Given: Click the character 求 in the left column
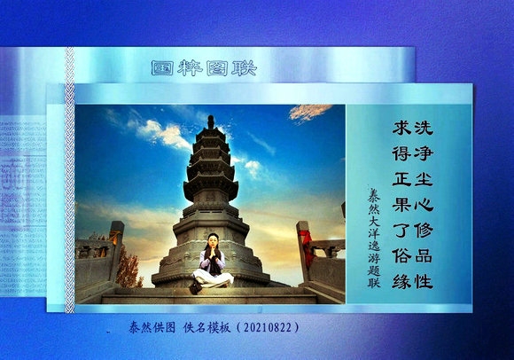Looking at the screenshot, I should [400, 129].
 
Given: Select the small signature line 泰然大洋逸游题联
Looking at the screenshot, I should [373, 234].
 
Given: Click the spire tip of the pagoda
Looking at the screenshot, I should [211, 119].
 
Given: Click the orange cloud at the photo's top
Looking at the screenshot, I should [310, 112].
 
